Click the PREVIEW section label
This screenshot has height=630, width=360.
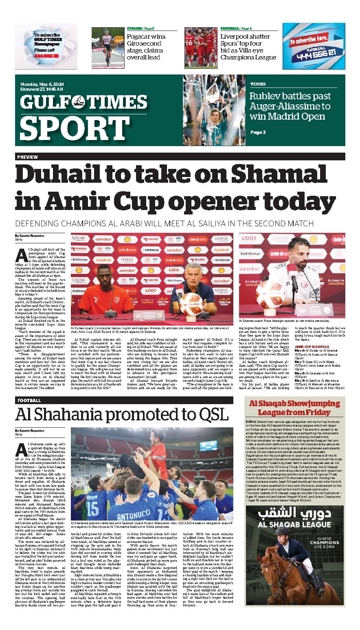(x=28, y=157)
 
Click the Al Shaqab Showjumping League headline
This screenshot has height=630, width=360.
(x=295, y=408)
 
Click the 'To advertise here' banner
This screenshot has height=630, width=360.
(x=314, y=46)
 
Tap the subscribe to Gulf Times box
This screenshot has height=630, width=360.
(x=46, y=45)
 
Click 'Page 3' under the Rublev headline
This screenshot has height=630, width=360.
(x=258, y=132)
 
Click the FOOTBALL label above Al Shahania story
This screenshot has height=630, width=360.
(x=29, y=400)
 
